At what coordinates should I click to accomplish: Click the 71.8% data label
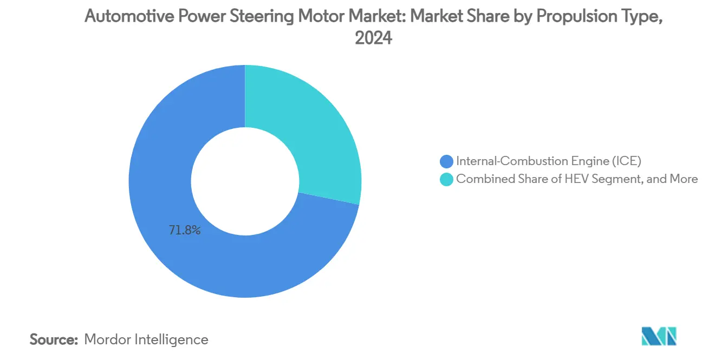[x=185, y=231]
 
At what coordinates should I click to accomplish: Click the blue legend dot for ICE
[x=447, y=161]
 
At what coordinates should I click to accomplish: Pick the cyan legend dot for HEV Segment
[x=447, y=179]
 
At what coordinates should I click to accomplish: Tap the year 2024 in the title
[x=373, y=38]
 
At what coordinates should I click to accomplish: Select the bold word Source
[x=54, y=339]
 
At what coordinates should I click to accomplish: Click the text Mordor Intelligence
[x=146, y=339]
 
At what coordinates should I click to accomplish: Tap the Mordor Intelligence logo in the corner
[x=659, y=336]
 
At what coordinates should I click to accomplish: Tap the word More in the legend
[x=683, y=179]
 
